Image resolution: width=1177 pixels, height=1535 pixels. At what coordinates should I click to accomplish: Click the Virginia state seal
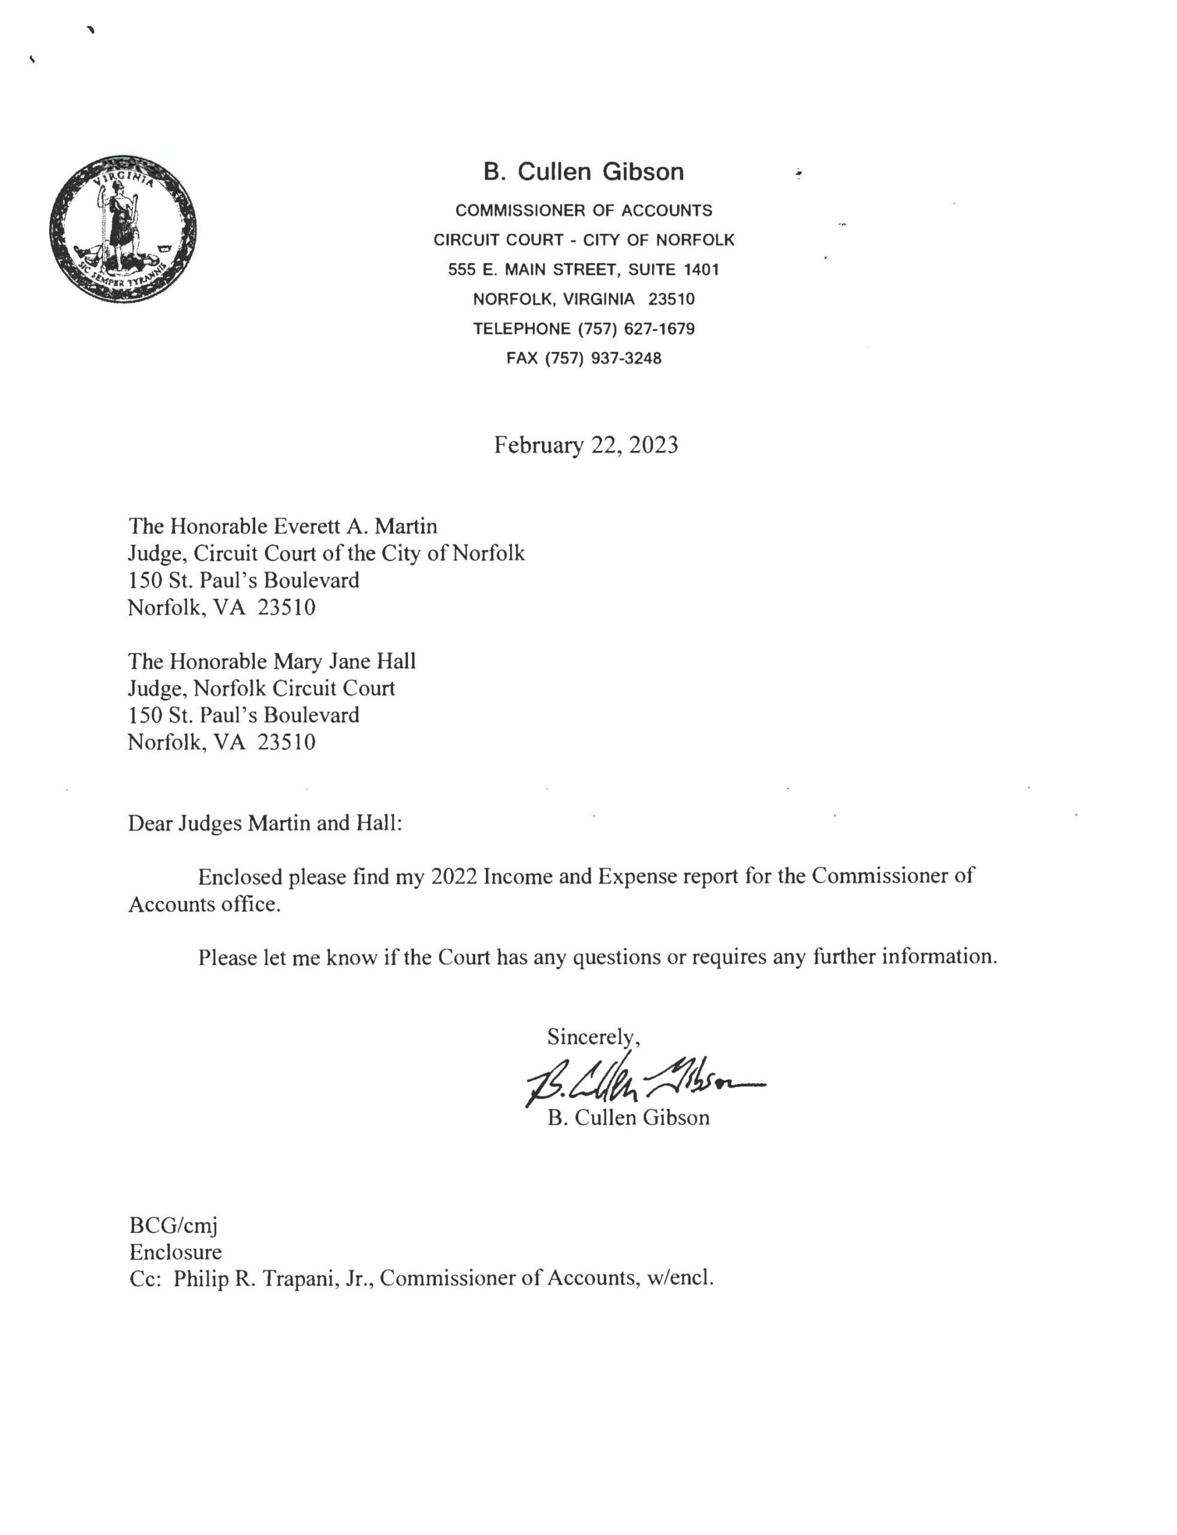(x=123, y=229)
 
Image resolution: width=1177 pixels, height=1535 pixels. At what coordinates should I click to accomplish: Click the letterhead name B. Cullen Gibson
(x=583, y=171)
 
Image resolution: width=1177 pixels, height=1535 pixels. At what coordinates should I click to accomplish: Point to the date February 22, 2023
(x=586, y=445)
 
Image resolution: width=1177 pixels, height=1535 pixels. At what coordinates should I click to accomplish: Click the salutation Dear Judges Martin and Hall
(x=265, y=823)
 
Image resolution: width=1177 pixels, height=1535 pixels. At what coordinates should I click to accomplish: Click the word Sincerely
(x=593, y=1036)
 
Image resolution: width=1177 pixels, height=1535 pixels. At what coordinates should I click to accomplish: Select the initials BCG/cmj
(x=173, y=1225)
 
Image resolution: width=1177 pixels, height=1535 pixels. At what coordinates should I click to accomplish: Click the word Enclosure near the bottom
(x=175, y=1252)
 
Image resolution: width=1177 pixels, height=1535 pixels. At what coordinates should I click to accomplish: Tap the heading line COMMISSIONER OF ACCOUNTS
(x=584, y=210)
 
